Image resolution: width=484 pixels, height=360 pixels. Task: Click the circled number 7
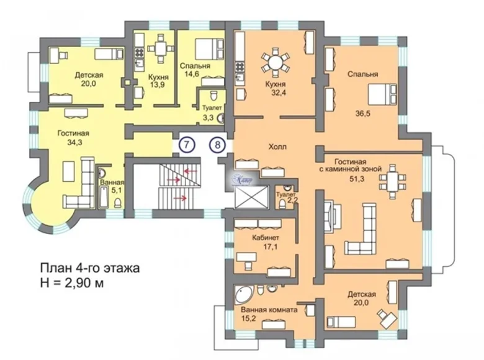[189, 145]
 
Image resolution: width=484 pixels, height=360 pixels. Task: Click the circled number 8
[217, 145]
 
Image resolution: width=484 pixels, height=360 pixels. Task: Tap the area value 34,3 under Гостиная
[73, 143]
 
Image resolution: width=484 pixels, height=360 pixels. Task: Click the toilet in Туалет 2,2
[288, 189]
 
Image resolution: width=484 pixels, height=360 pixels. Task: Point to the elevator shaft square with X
[251, 198]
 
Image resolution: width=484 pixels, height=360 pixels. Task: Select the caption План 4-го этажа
[90, 269]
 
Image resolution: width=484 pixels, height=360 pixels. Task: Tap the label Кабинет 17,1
[266, 241]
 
